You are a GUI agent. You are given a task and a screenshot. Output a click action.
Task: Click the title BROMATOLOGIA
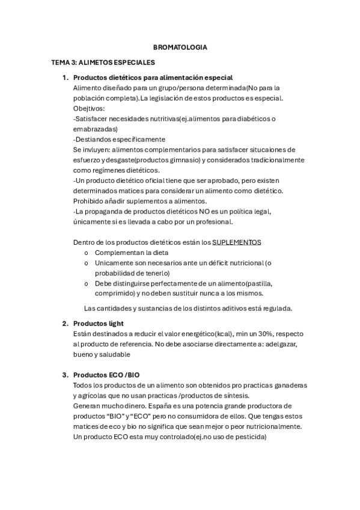click(180, 46)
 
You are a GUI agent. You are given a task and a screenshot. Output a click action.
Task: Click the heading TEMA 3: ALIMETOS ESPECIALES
click(103, 62)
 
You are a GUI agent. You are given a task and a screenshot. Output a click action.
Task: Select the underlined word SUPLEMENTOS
click(237, 242)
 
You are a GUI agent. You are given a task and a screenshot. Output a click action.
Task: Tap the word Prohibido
click(90, 201)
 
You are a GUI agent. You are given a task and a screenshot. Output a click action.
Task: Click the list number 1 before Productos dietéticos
click(65, 78)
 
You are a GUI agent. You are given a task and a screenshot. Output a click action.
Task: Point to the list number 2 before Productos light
click(65, 324)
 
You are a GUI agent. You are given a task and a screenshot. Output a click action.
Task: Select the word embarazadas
click(94, 129)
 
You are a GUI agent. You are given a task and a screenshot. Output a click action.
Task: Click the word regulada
click(276, 309)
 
